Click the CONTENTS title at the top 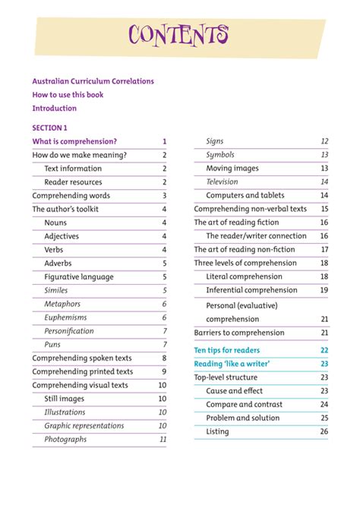pyautogui.click(x=179, y=35)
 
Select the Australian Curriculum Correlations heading pyautogui.click(x=92, y=81)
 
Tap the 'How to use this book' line pyautogui.click(x=68, y=95)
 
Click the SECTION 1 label pyautogui.click(x=49, y=128)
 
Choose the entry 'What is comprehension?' pyautogui.click(x=74, y=141)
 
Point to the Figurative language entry pyautogui.click(x=79, y=276)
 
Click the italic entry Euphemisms pyautogui.click(x=65, y=317)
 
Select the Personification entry pyautogui.click(x=69, y=331)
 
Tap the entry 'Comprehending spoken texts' pyautogui.click(x=82, y=358)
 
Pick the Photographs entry pyautogui.click(x=65, y=439)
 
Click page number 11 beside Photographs pyautogui.click(x=163, y=439)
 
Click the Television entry pyautogui.click(x=222, y=182)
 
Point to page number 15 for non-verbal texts pyautogui.click(x=324, y=209)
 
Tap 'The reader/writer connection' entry pyautogui.click(x=257, y=236)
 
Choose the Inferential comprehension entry pyautogui.click(x=251, y=290)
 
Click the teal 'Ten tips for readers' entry pyautogui.click(x=227, y=350)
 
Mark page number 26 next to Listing pyautogui.click(x=324, y=431)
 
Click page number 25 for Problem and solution pyautogui.click(x=324, y=418)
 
